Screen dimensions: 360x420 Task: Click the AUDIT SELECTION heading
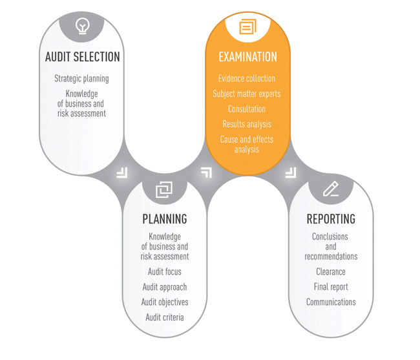click(82, 57)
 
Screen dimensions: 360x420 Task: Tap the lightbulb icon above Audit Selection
click(82, 26)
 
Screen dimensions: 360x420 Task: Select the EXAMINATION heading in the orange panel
click(247, 57)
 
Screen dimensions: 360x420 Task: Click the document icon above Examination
click(247, 26)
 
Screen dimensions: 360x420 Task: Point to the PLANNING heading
click(165, 219)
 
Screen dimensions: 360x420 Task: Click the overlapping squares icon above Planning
click(165, 189)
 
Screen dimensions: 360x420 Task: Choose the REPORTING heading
click(331, 219)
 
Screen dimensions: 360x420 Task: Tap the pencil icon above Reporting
click(331, 189)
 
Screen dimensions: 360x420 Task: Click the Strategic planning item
click(81, 79)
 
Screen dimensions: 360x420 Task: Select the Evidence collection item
click(247, 79)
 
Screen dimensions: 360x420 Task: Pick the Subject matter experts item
click(247, 94)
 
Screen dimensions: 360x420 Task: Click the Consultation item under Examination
click(247, 109)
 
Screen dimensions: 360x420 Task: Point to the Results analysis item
click(247, 124)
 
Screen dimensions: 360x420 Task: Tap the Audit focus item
click(165, 272)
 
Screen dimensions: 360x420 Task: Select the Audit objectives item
click(165, 302)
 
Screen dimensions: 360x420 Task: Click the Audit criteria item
click(165, 317)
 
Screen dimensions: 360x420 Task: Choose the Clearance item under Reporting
click(331, 272)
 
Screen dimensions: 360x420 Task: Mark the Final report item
click(331, 287)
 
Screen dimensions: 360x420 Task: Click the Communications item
click(331, 302)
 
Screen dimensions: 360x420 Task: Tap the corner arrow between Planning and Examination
click(206, 172)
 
